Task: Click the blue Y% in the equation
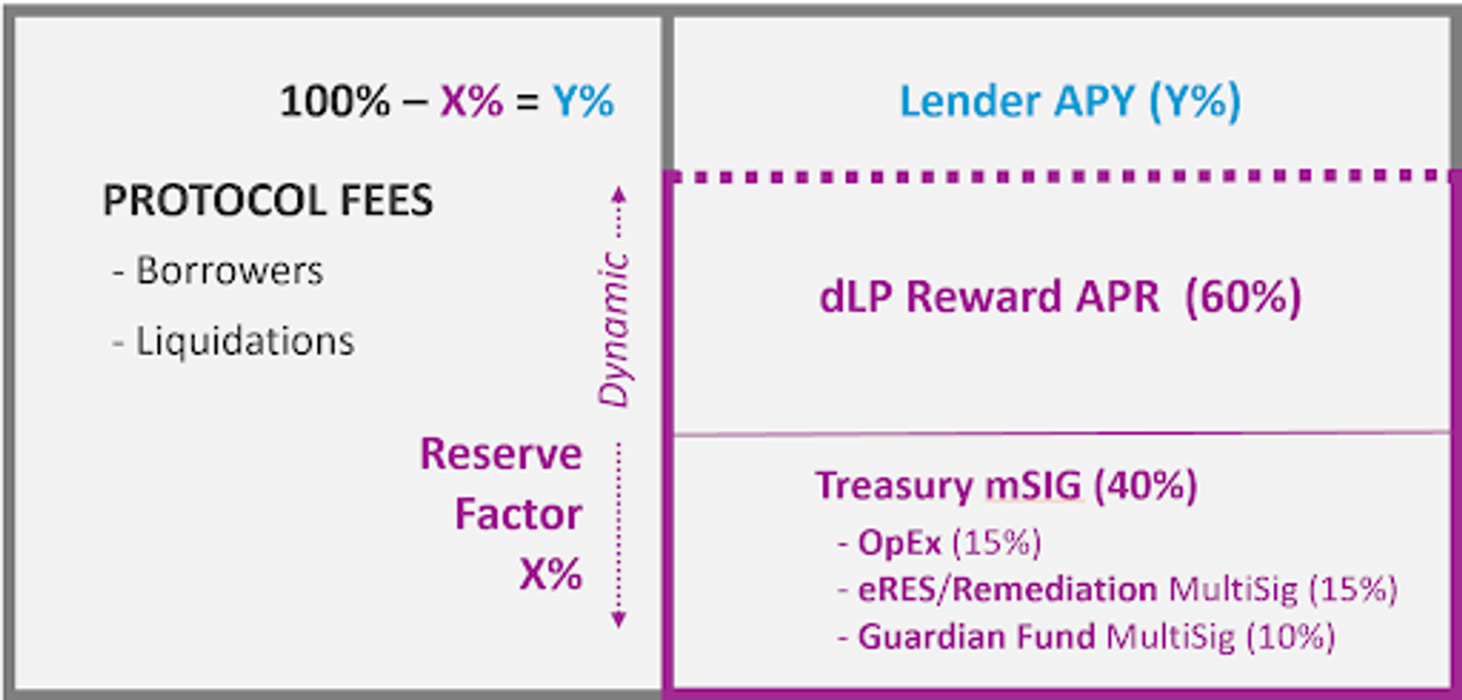click(584, 101)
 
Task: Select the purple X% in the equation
click(472, 101)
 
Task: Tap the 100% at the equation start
click(334, 101)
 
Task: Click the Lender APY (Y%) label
click(1069, 102)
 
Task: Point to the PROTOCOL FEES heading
click(268, 202)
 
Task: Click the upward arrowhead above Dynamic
click(618, 192)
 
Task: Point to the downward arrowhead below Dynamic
click(618, 620)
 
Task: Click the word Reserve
click(501, 454)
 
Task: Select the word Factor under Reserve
click(518, 514)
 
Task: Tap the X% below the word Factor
click(551, 574)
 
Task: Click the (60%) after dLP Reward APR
click(1243, 297)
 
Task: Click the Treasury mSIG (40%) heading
click(1006, 485)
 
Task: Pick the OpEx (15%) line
click(948, 543)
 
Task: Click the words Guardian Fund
click(978, 638)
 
